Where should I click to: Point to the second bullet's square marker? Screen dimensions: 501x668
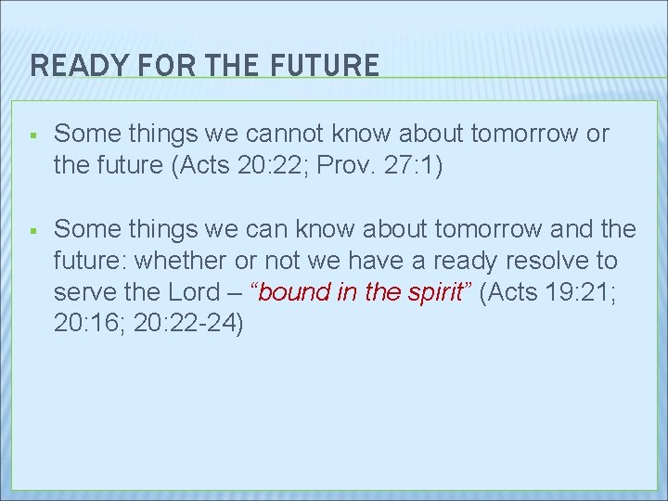(32, 229)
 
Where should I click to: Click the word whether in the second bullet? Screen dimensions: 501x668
(168, 261)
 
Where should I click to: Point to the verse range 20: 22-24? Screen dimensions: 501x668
(191, 324)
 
